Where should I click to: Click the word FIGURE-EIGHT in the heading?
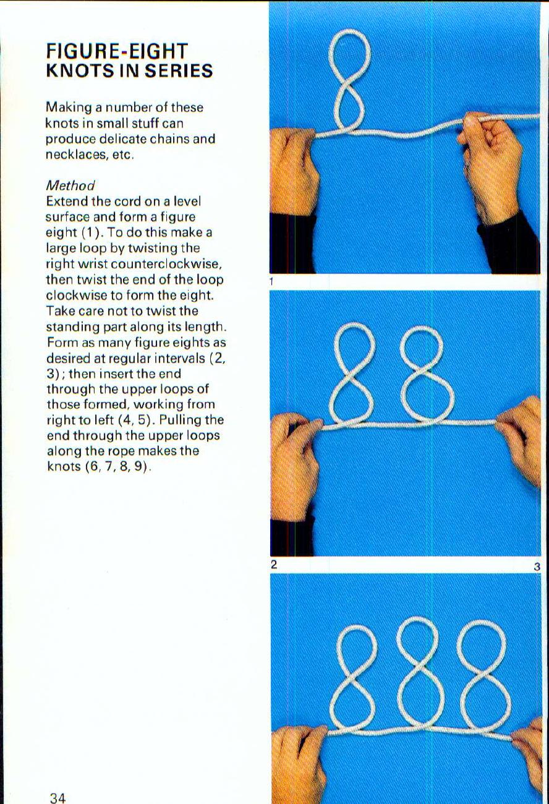click(117, 51)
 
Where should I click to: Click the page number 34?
click(57, 798)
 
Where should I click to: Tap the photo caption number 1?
click(271, 282)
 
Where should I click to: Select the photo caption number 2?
click(273, 564)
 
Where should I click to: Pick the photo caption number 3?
click(537, 566)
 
